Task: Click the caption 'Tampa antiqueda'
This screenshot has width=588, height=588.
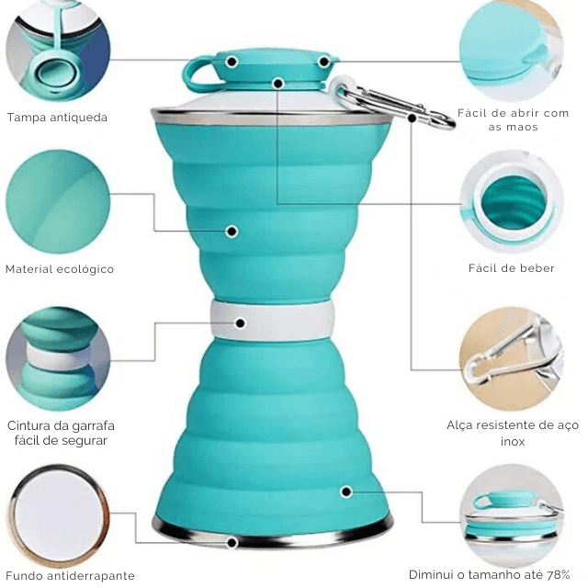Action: tap(57, 118)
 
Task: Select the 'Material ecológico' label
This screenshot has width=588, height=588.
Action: tap(60, 269)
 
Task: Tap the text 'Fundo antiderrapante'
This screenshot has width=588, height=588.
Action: tap(70, 575)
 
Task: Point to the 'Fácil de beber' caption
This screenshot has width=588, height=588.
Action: tap(511, 268)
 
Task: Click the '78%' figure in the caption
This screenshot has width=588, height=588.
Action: tap(558, 574)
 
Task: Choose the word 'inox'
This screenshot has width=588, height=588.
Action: tap(513, 441)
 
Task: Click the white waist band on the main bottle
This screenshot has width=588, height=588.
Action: tap(273, 321)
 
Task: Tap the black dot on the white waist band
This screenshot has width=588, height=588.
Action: tap(241, 322)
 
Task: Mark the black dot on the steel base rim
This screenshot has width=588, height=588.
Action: tap(232, 542)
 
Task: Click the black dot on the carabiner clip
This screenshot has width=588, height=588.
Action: tap(412, 119)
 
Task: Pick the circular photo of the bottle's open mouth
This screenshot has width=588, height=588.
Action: tap(512, 203)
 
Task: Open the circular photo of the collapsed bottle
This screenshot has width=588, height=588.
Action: tap(512, 516)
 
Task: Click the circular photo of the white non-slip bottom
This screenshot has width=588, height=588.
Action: tap(58, 516)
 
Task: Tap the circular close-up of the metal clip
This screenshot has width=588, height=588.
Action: tap(512, 359)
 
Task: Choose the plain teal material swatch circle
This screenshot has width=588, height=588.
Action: tap(58, 202)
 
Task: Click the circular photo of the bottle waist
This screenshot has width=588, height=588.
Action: tap(58, 359)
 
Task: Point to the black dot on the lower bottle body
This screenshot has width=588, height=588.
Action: tap(346, 492)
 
